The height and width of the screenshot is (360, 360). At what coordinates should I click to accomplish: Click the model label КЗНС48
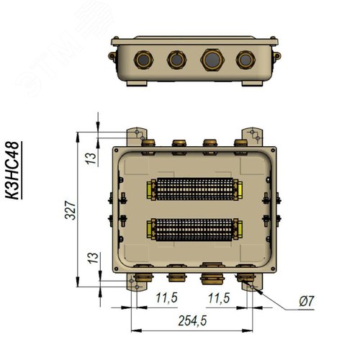[12, 171]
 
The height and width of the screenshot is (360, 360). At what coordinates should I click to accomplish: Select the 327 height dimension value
[71, 210]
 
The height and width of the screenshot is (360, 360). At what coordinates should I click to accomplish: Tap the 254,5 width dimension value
[192, 320]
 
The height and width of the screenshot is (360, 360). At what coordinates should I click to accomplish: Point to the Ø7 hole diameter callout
[307, 302]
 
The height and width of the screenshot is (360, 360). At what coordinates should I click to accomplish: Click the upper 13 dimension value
[91, 158]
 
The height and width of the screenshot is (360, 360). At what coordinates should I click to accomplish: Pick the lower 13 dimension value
[93, 258]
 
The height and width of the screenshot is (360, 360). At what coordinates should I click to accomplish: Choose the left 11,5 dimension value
[167, 298]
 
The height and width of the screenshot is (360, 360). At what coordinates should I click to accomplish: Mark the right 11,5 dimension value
[219, 298]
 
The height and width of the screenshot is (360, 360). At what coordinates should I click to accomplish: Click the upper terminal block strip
[194, 189]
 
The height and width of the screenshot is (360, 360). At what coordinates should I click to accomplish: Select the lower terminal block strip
[194, 230]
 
